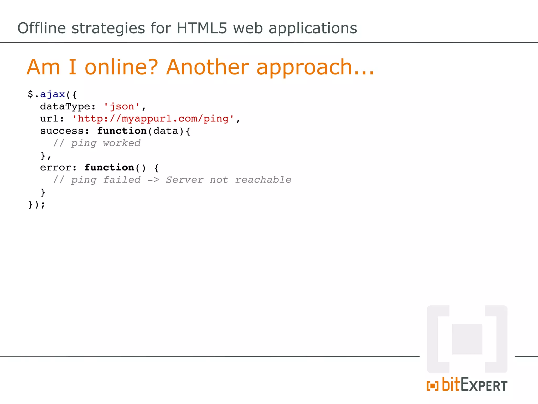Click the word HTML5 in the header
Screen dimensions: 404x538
point(201,28)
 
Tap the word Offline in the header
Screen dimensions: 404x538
point(42,28)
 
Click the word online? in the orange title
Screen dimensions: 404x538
point(121,67)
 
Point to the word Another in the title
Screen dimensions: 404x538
point(208,67)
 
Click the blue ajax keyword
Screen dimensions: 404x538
point(53,94)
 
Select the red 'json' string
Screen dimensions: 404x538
point(122,107)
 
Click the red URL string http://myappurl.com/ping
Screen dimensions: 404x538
point(153,119)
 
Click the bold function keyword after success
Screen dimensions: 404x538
point(122,131)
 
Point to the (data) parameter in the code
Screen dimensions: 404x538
point(166,131)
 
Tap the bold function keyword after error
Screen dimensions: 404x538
point(109,168)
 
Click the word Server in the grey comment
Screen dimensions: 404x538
point(184,180)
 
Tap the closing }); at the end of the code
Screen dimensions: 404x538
point(37,204)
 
